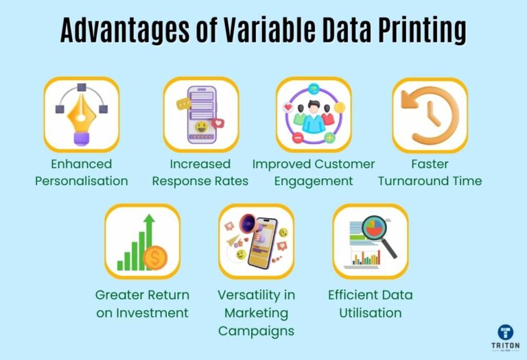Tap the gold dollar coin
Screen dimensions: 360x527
click(x=154, y=259)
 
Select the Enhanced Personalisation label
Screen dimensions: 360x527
click(x=82, y=173)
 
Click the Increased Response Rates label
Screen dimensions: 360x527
click(x=200, y=173)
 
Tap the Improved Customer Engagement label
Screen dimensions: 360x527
click(x=314, y=173)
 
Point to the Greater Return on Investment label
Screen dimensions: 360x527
click(x=142, y=304)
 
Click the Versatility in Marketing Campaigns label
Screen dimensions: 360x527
click(x=256, y=313)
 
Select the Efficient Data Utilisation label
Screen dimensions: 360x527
click(x=371, y=304)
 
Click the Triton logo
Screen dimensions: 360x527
click(x=506, y=337)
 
